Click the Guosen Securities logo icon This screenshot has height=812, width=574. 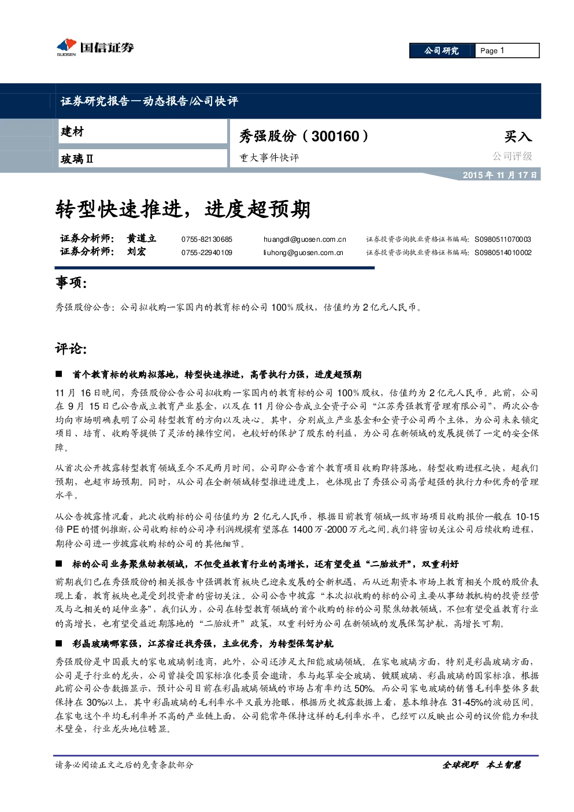point(66,47)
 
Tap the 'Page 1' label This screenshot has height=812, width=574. point(492,51)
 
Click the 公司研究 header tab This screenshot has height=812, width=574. point(442,51)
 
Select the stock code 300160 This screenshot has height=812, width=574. point(335,136)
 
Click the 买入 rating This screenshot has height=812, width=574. point(518,136)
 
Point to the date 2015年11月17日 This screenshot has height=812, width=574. point(499,175)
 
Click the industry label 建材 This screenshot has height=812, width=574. point(72,131)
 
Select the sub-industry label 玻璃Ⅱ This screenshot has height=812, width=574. point(77,159)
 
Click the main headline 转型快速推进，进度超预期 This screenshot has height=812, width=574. point(183,209)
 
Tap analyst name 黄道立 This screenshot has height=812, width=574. point(141,238)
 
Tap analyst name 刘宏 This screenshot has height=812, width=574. point(136,252)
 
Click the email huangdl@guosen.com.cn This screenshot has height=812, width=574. point(305,239)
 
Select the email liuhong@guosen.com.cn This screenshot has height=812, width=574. point(303,252)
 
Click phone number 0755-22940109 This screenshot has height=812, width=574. point(207,252)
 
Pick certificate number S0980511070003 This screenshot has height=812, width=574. point(503,239)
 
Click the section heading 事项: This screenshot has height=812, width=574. point(71,282)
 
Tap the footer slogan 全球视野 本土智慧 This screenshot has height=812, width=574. point(482,765)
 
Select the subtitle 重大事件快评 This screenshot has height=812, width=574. point(269,158)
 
